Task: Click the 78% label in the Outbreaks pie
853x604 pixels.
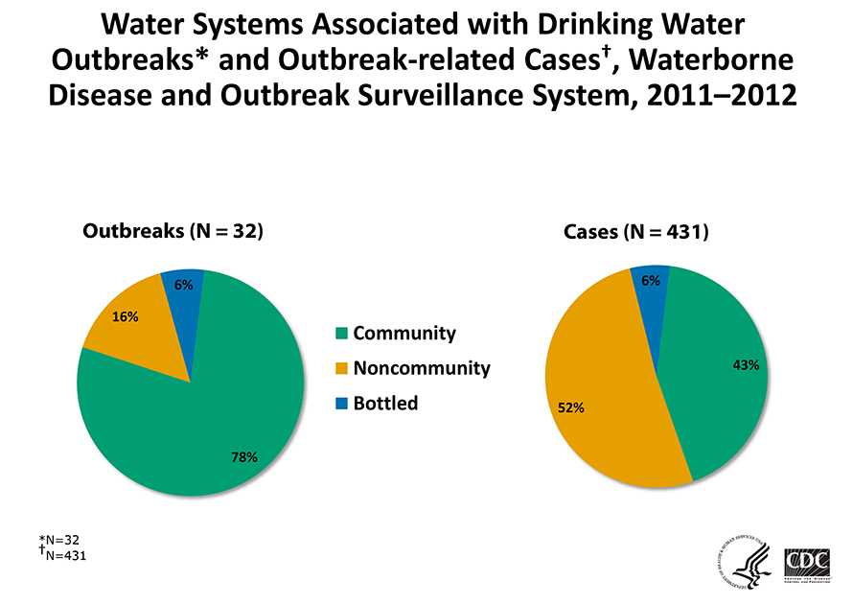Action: coord(244,456)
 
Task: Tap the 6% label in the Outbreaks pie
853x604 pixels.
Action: coord(184,284)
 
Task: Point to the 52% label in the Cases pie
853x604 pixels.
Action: coord(571,407)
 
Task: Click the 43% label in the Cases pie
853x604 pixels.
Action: coord(747,364)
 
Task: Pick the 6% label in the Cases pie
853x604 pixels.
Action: coord(651,280)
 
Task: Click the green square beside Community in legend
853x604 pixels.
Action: coord(342,334)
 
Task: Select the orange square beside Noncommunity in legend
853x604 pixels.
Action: coord(342,368)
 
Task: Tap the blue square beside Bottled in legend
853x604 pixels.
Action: coord(342,404)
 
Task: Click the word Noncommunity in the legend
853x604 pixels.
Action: coord(422,368)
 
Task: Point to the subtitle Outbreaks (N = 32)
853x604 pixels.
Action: coord(173,231)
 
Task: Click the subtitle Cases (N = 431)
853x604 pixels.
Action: coord(635,232)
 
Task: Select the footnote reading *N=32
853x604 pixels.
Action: coord(62,540)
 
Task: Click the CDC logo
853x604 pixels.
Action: coord(806,563)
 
